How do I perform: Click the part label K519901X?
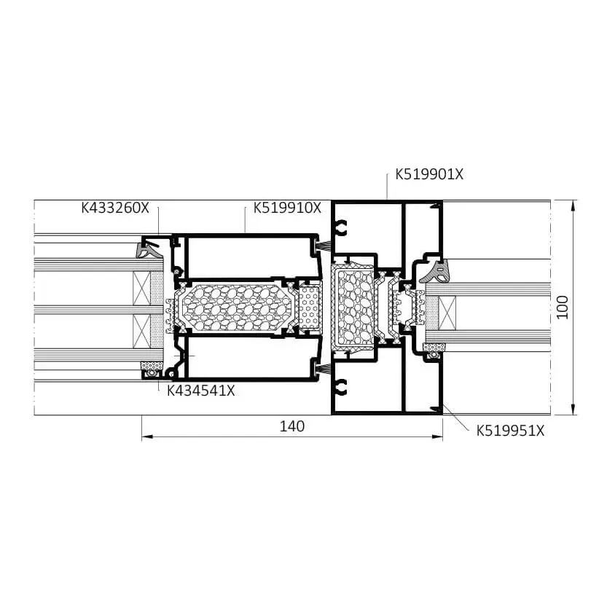(429, 175)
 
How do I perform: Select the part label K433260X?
(115, 208)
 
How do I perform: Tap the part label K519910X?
(287, 208)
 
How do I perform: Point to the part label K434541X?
(201, 391)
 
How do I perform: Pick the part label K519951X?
(510, 431)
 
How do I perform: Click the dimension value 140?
(292, 426)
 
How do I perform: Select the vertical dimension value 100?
(562, 308)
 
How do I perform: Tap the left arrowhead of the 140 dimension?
(146, 437)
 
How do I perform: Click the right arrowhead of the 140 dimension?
(437, 437)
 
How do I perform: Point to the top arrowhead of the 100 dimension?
(573, 205)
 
